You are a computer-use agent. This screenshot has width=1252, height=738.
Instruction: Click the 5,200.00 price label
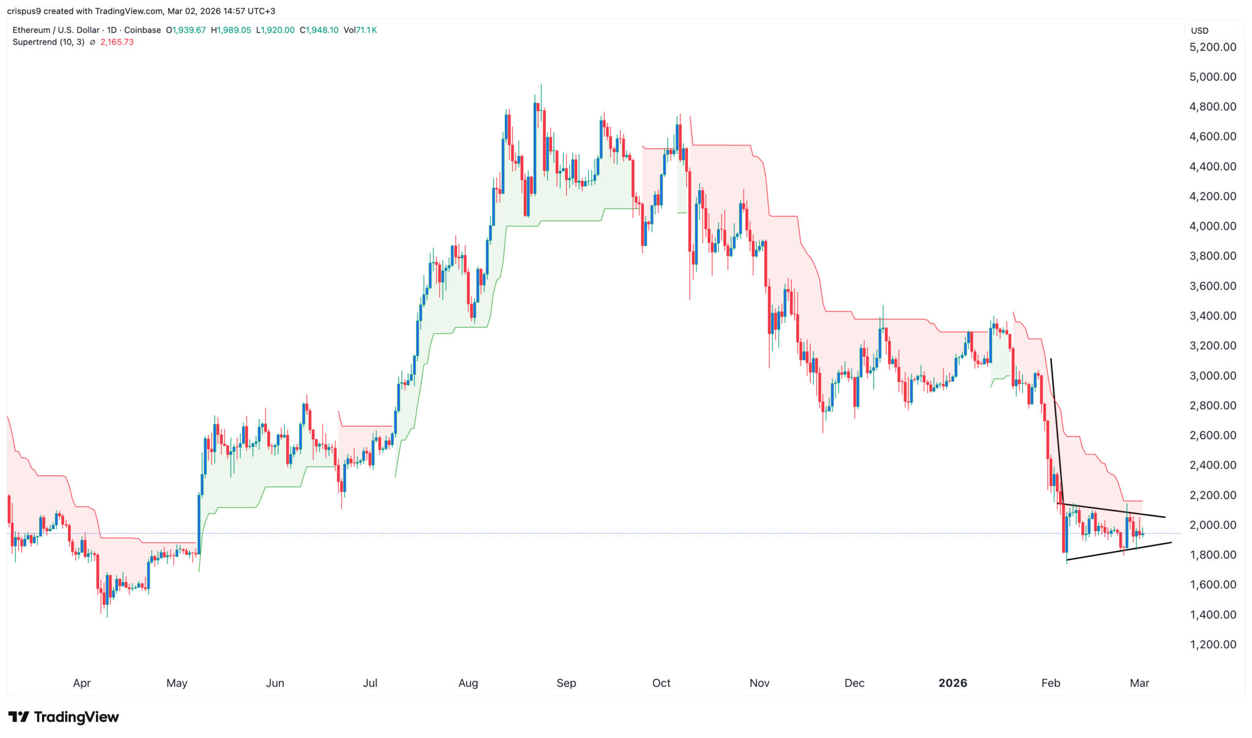1212,47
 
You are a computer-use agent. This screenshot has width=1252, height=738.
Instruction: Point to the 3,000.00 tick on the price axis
1212,375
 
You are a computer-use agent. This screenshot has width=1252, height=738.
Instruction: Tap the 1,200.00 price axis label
1212,644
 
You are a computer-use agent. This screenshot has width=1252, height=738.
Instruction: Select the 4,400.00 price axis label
1212,166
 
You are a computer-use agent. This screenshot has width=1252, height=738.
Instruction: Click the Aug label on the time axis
468,683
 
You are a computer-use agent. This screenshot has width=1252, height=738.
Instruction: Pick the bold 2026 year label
952,683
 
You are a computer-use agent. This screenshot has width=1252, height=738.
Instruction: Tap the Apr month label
82,683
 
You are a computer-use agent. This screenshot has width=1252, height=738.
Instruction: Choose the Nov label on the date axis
759,683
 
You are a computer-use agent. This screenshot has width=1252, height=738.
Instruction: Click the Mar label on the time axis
1140,683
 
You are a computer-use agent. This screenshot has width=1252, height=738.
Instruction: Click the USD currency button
1199,31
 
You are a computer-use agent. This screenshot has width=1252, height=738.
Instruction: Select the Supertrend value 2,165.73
117,42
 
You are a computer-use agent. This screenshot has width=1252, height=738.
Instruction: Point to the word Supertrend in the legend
34,42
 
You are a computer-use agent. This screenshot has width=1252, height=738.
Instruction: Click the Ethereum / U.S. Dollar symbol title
56,30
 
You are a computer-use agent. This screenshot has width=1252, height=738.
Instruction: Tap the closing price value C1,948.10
319,30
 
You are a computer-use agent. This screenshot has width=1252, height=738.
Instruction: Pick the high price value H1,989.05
230,30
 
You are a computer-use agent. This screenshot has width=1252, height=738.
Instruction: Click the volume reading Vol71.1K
360,30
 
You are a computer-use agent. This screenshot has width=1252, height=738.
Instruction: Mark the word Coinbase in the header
142,30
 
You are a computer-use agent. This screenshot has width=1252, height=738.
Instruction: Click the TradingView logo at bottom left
64,717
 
